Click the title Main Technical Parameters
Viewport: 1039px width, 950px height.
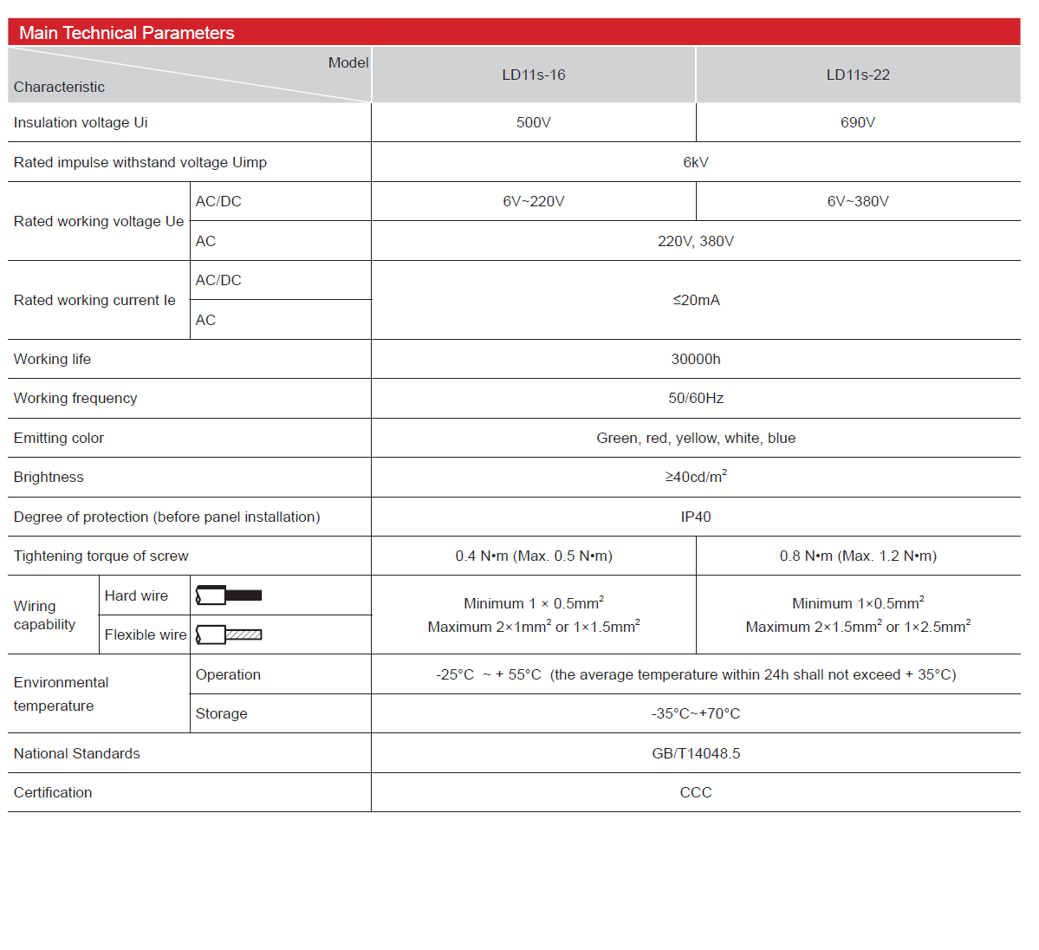(x=127, y=33)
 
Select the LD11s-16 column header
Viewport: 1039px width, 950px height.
(x=534, y=75)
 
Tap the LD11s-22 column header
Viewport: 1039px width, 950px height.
(x=858, y=75)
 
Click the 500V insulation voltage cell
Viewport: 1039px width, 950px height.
(x=534, y=123)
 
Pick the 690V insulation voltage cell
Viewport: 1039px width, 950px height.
(x=858, y=123)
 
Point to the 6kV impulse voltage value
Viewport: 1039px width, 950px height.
(x=696, y=163)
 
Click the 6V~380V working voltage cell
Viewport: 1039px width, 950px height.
(x=858, y=202)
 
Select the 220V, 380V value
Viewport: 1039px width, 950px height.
(x=696, y=242)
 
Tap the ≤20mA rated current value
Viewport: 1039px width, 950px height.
(x=696, y=301)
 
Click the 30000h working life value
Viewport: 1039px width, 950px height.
(x=696, y=360)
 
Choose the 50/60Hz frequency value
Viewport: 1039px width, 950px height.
(x=696, y=399)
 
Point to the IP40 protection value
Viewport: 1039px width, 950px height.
(x=696, y=517)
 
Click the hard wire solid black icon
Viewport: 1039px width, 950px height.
(x=229, y=595)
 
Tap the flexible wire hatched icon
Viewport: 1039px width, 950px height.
(x=229, y=635)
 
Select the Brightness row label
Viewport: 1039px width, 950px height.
(x=49, y=478)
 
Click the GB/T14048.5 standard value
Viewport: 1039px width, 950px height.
(x=696, y=754)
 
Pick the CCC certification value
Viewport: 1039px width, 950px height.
(x=696, y=793)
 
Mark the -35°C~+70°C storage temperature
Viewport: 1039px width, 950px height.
(x=696, y=714)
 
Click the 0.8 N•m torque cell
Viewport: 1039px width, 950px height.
(x=858, y=556)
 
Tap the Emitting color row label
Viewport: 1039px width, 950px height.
(x=59, y=439)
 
